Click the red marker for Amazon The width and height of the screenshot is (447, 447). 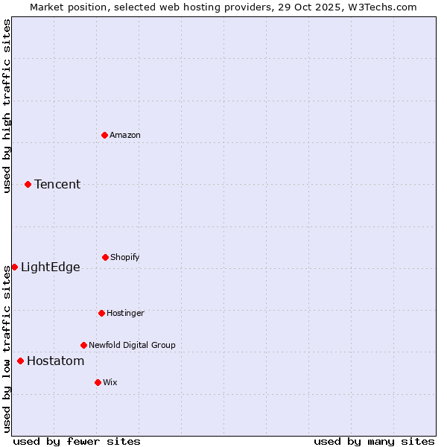pyautogui.click(x=104, y=135)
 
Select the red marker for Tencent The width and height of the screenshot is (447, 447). pyautogui.click(x=28, y=184)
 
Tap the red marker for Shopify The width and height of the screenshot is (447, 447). pyautogui.click(x=105, y=257)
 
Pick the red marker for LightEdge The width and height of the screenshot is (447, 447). pyautogui.click(x=14, y=267)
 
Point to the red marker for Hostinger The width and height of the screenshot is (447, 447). pyautogui.click(x=101, y=313)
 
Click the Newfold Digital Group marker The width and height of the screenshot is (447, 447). pyautogui.click(x=83, y=345)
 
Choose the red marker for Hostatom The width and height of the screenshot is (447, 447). pyautogui.click(x=20, y=361)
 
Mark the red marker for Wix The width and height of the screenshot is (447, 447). pyautogui.click(x=98, y=382)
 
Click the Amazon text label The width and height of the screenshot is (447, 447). pyautogui.click(x=125, y=135)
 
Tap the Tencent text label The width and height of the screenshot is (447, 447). pyautogui.click(x=57, y=184)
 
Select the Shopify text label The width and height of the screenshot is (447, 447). pyautogui.click(x=125, y=257)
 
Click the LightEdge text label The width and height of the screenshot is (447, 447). pyautogui.click(x=50, y=267)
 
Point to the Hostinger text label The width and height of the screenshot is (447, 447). pyautogui.click(x=125, y=313)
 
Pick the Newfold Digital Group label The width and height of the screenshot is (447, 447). pyautogui.click(x=132, y=345)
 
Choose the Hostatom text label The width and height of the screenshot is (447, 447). pyautogui.click(x=55, y=361)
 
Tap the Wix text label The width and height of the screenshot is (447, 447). pyautogui.click(x=110, y=382)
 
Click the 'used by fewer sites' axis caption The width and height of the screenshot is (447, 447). pyautogui.click(x=77, y=441)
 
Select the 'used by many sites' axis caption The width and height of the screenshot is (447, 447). pyautogui.click(x=374, y=441)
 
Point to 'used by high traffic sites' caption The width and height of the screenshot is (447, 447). pyautogui.click(x=7, y=106)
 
